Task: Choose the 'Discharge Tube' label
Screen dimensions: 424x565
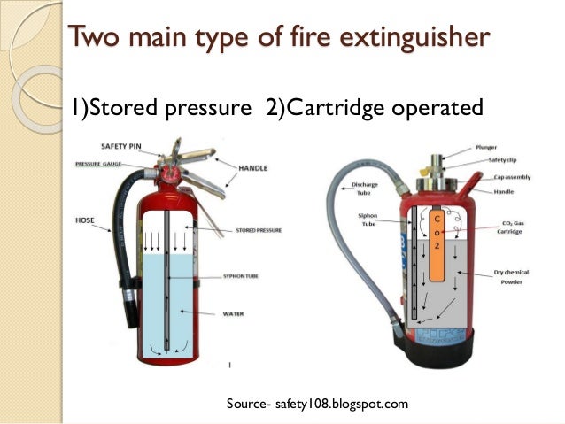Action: click(x=365, y=189)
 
